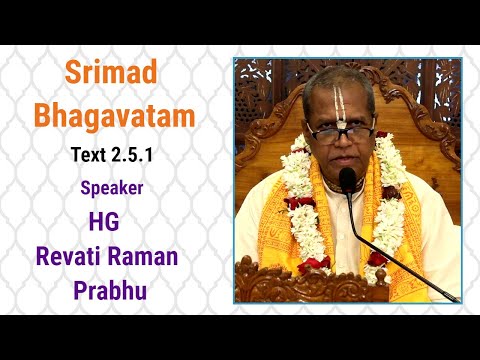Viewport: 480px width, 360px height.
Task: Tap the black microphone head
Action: (x=347, y=181)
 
